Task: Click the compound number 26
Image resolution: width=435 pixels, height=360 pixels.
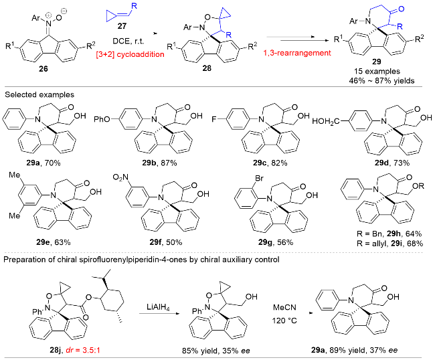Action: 43,68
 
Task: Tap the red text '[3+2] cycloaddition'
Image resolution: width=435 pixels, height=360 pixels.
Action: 130,54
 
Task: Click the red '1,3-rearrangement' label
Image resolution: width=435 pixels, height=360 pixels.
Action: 297,53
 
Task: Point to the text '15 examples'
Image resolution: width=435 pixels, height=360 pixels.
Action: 377,72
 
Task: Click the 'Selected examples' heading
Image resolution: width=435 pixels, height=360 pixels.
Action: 39,94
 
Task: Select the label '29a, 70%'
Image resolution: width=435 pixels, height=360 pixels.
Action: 43,163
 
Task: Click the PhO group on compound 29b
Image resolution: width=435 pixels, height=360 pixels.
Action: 102,120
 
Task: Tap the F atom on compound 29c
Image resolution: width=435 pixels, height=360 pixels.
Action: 214,120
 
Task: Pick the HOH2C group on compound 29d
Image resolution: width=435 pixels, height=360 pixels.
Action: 326,121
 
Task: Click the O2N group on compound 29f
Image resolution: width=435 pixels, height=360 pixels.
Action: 120,177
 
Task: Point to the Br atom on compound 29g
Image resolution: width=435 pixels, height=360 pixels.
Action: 258,178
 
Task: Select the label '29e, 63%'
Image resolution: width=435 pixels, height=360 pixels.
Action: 54,242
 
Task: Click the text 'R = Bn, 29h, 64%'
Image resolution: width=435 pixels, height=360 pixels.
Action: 389,234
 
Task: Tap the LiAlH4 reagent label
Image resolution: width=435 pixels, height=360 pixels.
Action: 158,308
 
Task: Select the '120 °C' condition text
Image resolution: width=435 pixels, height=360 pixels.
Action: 284,321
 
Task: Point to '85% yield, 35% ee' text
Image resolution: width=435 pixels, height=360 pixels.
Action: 216,351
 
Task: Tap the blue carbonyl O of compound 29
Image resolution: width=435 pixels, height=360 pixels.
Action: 401,10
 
